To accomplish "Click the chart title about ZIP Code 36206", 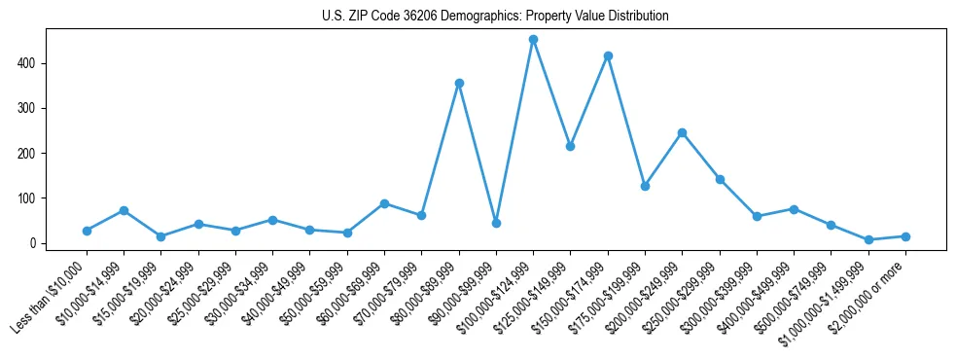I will click(495, 17).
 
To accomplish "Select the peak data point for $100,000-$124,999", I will click(533, 39).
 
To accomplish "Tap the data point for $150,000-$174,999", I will click(608, 55).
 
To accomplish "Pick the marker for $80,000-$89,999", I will click(459, 83).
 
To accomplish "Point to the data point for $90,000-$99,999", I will click(496, 223).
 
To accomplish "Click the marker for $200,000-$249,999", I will click(682, 132).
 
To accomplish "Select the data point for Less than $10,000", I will click(87, 231).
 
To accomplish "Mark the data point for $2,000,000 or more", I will click(905, 236).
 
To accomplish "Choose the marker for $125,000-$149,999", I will click(570, 146).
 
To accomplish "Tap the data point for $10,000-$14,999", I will click(124, 210).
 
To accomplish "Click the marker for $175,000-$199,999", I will click(645, 186).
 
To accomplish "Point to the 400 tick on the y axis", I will click(35, 63).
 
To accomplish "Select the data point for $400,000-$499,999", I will click(794, 209).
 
